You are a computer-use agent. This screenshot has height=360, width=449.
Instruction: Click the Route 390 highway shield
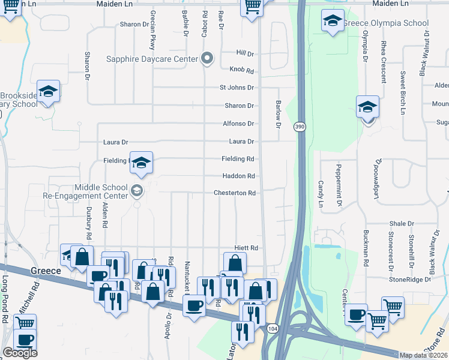pos(300,127)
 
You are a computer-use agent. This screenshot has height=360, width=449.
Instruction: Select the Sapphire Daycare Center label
pos(152,59)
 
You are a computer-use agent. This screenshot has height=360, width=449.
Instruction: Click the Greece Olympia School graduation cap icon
pos(333,22)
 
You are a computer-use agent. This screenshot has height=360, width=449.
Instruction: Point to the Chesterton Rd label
pos(235,193)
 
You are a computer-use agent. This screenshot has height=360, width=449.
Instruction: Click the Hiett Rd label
pos(246,248)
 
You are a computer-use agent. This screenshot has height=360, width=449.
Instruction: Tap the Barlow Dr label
pos(278,114)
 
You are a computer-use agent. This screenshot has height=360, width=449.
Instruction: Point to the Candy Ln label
pos(321,191)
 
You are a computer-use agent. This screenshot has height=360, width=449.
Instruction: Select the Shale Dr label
pos(401,223)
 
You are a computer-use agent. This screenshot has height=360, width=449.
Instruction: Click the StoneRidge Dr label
pos(410,279)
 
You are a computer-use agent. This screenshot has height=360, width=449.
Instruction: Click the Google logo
pos(20,353)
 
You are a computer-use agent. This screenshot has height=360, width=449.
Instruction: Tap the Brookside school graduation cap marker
pos(49,91)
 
